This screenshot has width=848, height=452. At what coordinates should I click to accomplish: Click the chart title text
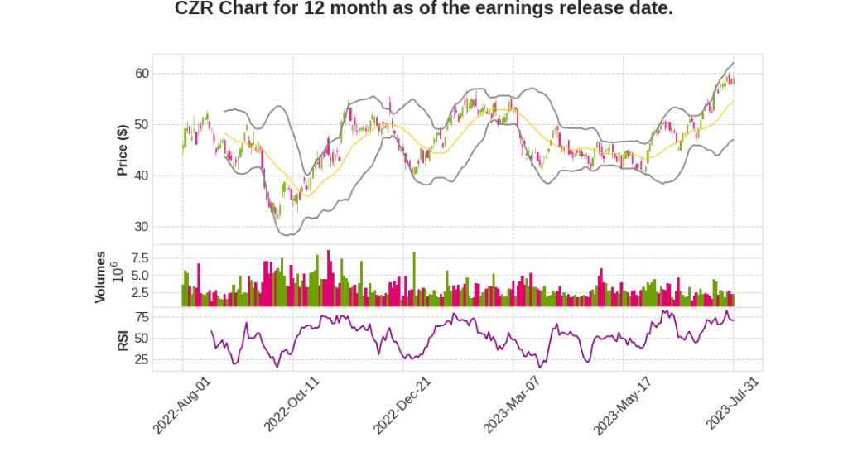click(423, 9)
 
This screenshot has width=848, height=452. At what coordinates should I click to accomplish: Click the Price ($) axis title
click(123, 150)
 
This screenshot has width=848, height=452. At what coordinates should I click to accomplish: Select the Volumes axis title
click(100, 276)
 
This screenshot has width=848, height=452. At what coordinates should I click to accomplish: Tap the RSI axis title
click(123, 339)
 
